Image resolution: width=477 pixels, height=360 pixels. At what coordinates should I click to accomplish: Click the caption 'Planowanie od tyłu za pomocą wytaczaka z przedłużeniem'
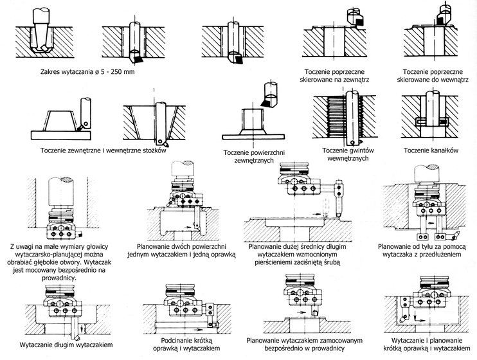click(x=426, y=250)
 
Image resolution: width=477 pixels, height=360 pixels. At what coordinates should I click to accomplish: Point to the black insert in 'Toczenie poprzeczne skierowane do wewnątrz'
click(x=440, y=21)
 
